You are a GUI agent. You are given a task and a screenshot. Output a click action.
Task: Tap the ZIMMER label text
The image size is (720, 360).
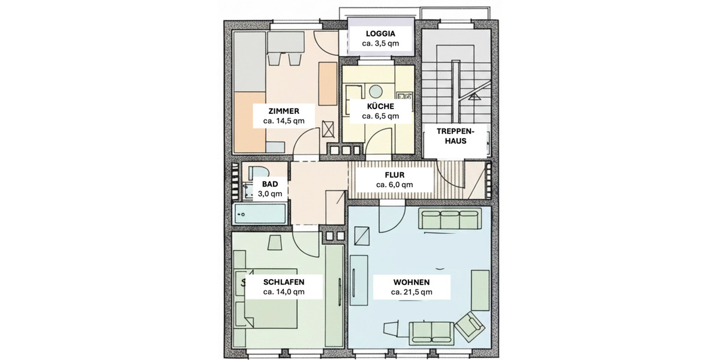(x=284, y=111)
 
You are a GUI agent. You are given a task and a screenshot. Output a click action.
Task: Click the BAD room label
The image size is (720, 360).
(x=270, y=184)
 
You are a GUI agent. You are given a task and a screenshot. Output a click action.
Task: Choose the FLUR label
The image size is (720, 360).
(x=394, y=175)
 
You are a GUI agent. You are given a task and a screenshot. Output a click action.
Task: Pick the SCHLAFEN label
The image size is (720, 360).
(x=284, y=281)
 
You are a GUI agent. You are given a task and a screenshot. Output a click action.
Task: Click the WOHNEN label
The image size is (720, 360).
(x=412, y=281)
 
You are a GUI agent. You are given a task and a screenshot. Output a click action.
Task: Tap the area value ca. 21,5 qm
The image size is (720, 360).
(x=412, y=292)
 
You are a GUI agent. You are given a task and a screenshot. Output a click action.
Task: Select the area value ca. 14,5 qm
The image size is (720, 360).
(x=284, y=121)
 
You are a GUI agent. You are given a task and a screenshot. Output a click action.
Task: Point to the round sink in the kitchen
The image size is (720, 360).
(x=376, y=91)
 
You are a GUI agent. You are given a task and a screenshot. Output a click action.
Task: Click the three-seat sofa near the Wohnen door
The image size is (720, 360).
(x=450, y=220)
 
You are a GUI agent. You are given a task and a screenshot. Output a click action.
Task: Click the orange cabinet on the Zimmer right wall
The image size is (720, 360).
(x=328, y=83)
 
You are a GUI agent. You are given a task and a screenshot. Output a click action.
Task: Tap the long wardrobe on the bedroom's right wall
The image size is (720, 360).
(x=334, y=294)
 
